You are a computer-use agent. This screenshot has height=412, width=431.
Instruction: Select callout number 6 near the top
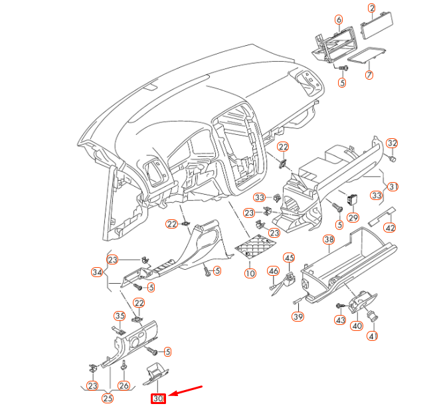point(339,20)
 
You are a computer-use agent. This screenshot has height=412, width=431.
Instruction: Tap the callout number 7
point(369,75)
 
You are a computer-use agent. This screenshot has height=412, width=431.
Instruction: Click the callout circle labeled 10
point(249,273)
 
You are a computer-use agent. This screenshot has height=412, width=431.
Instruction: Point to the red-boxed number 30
point(158,399)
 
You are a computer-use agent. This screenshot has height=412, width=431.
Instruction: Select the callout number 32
point(392,144)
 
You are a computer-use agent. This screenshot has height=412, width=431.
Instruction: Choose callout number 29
point(353,218)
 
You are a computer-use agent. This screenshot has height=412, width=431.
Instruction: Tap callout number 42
point(390,228)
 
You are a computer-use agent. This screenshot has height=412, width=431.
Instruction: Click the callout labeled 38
point(328,239)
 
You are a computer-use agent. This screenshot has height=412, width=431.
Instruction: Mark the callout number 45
point(289,258)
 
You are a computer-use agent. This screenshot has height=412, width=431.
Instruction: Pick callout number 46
point(273,270)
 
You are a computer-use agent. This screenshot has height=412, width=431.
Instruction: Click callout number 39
point(298,316)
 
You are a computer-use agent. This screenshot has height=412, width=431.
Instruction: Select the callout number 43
point(340,320)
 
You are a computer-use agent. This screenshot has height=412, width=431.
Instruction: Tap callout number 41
point(373,336)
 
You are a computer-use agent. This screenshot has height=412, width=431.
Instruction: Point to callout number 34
point(97,272)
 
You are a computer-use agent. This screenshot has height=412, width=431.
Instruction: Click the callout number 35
point(120,316)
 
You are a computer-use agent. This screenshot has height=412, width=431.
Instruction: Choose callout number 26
point(124,385)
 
